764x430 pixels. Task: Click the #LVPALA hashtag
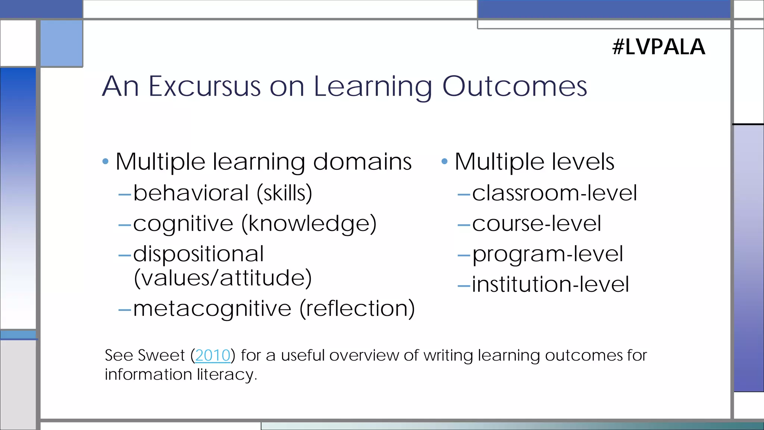(658, 47)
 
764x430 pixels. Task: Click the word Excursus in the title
(204, 87)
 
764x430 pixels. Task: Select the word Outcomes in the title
(514, 87)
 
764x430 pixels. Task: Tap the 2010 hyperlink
(213, 355)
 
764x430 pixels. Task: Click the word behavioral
(191, 193)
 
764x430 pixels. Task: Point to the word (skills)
(284, 193)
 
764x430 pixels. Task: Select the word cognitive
(183, 224)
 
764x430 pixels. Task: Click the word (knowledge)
(309, 224)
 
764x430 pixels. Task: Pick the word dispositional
(198, 254)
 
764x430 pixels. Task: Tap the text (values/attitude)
(222, 278)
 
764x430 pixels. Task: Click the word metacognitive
(212, 309)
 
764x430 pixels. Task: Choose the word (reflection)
(357, 309)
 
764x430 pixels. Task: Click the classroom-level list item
(554, 193)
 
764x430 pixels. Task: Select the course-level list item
(536, 224)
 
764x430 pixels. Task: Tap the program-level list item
(547, 254)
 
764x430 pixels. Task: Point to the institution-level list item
(550, 284)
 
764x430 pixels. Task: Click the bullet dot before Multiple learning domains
(105, 162)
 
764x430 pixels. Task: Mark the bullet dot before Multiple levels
(444, 162)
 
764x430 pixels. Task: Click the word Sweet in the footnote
(161, 355)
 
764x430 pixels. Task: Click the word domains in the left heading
(362, 162)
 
